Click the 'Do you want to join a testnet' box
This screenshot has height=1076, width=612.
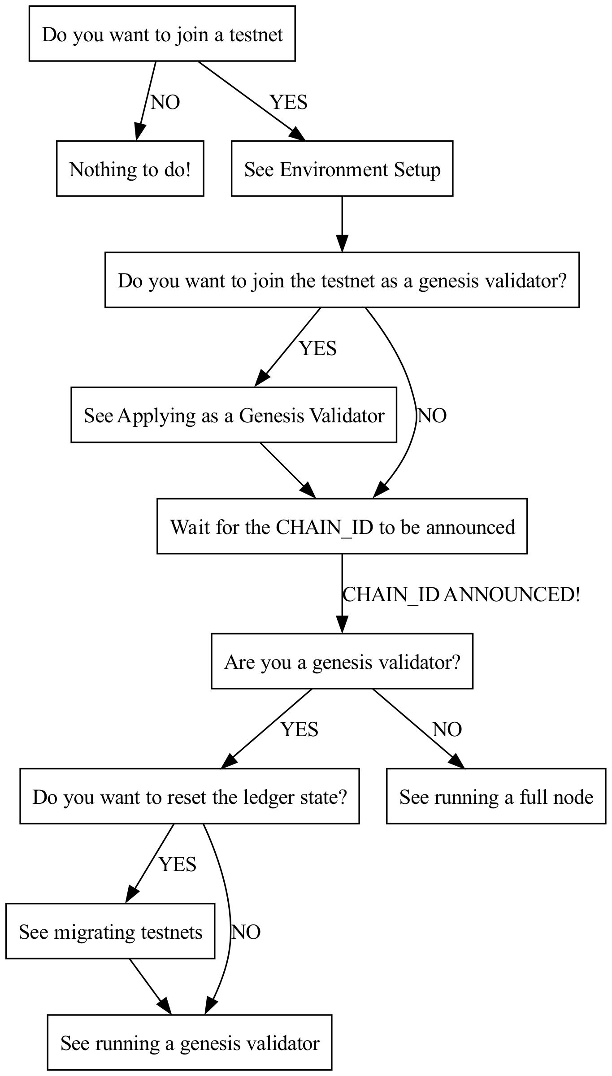pyautogui.click(x=162, y=34)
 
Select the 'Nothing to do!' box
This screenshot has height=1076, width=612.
pyautogui.click(x=130, y=169)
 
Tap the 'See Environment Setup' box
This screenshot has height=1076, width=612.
pyautogui.click(x=342, y=169)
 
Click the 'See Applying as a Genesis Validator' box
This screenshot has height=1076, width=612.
pyautogui.click(x=234, y=415)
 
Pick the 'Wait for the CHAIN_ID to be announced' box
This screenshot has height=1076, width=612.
pyautogui.click(x=342, y=526)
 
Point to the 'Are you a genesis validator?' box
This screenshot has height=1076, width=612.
pyautogui.click(x=342, y=661)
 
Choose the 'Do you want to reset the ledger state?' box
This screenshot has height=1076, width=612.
pyautogui.click(x=189, y=796)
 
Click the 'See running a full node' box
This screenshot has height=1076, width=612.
pyautogui.click(x=496, y=796)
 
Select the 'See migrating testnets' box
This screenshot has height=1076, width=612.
pyautogui.click(x=110, y=931)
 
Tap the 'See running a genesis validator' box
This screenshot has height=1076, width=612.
pyautogui.click(x=189, y=1043)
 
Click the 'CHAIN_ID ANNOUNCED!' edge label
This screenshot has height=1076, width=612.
pyautogui.click(x=461, y=594)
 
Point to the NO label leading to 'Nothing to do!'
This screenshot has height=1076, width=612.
pyautogui.click(x=165, y=103)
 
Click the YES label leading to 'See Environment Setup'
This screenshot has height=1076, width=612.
pyautogui.click(x=289, y=103)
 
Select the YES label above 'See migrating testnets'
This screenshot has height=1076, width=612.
pyautogui.click(x=178, y=864)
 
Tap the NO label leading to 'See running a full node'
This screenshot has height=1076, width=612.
pyautogui.click(x=447, y=729)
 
